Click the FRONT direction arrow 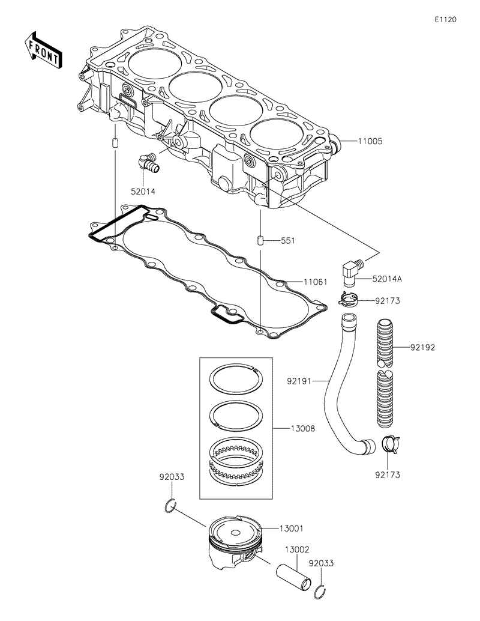tap(42, 50)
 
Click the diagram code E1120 tap(445, 19)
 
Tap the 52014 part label tap(143, 192)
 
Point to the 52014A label tap(386, 279)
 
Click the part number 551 tap(289, 241)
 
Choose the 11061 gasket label tap(315, 281)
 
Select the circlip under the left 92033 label tap(170, 506)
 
